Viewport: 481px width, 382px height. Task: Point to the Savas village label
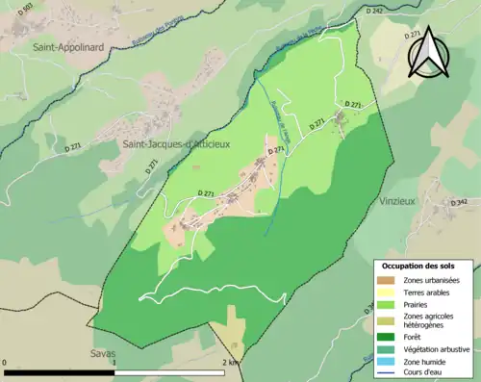point(103,353)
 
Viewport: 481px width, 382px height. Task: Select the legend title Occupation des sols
point(424,266)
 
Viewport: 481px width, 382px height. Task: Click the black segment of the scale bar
point(62,372)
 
